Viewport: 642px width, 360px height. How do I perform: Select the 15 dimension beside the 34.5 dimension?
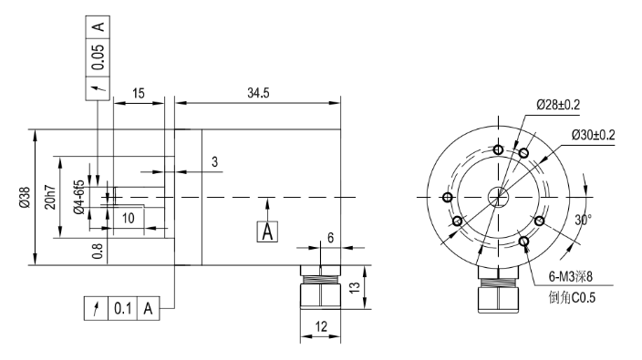(x=139, y=93)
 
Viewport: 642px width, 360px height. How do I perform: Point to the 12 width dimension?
(x=320, y=324)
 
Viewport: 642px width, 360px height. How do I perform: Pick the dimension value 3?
(x=214, y=162)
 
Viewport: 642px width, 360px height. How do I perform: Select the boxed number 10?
(x=129, y=218)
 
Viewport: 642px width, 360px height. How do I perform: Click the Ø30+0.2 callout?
(x=594, y=134)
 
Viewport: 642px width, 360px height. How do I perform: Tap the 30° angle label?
(x=583, y=218)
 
